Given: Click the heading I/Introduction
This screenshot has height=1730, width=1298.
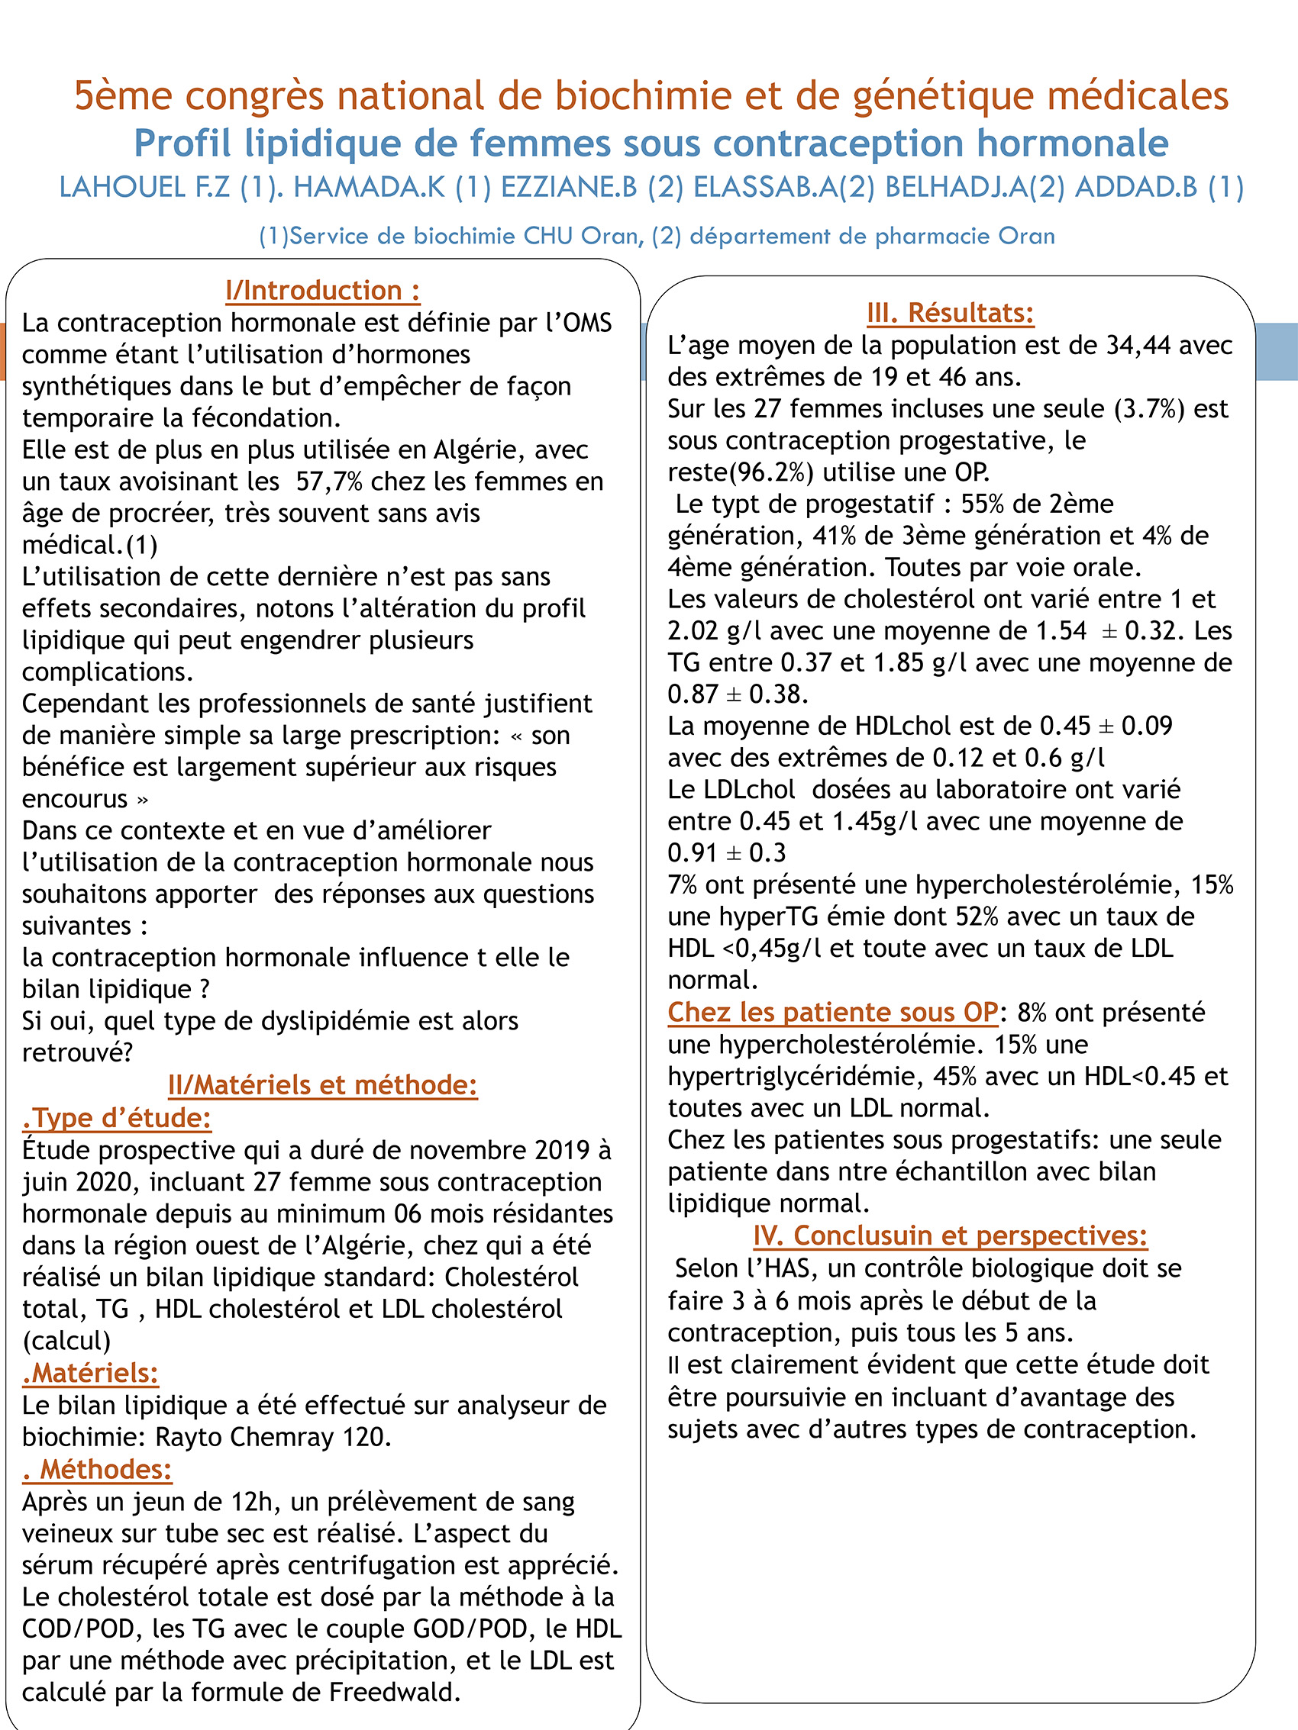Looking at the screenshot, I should tap(322, 291).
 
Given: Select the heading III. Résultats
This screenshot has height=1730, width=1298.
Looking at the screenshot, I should tap(950, 313).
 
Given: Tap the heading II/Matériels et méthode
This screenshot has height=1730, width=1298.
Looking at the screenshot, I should tap(322, 1084).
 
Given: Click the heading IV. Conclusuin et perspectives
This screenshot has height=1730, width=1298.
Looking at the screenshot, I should tap(950, 1235).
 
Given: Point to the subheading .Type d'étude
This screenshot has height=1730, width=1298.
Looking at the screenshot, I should tap(118, 1118).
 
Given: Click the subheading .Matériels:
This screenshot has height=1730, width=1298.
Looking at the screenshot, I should tap(91, 1373).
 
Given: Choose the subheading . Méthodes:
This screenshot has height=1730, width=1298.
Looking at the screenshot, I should tap(97, 1469).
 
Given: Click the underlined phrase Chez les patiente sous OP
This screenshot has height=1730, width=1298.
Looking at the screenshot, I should tap(832, 1012).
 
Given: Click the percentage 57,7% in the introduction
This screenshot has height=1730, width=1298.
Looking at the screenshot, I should tap(328, 481).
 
